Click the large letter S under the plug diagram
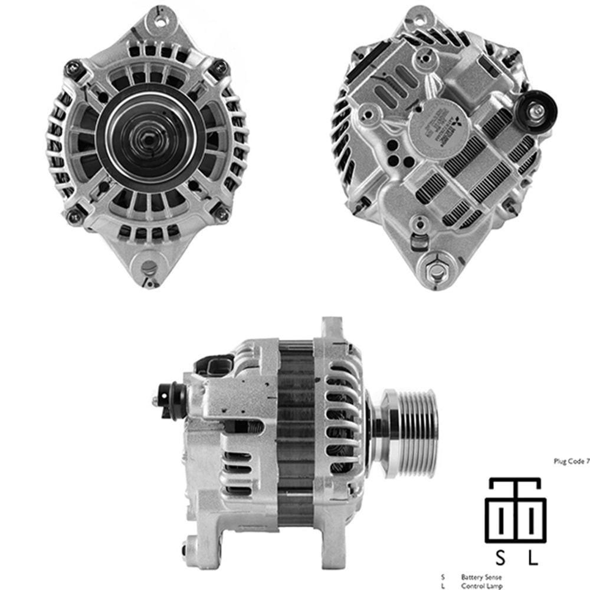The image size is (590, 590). pos(500,557)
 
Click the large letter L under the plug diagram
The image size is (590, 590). pos(533,557)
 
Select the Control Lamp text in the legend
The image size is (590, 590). pos(481,585)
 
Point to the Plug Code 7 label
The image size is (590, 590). pos(571,462)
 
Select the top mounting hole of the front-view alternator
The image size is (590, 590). pos(159,22)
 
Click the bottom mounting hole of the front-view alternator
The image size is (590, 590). pos(149,269)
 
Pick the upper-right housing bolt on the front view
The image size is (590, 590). pos(221,67)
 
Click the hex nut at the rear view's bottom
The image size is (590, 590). pos(437,270)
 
